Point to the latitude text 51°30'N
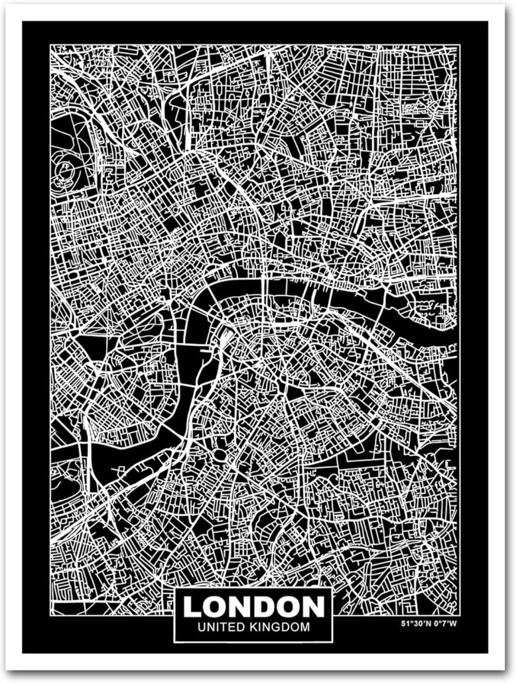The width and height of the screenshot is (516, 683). coord(417,623)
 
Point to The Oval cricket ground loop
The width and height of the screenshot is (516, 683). coord(220,457)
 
